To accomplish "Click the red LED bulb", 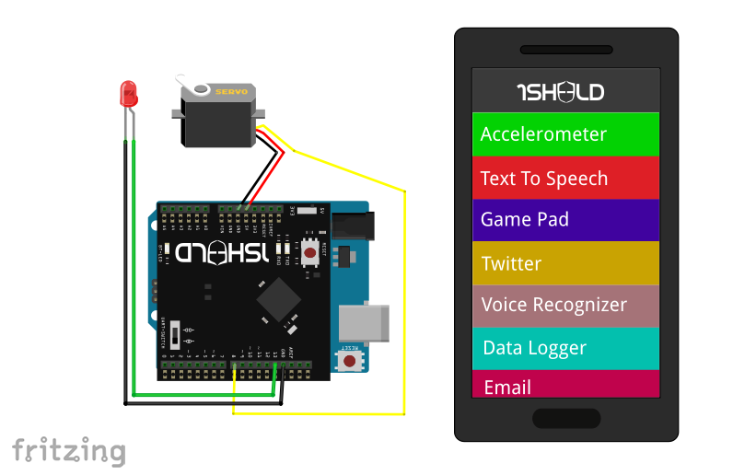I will tap(129, 92).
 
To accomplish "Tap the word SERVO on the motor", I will tap(230, 91).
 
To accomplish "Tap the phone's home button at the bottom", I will tap(565, 419).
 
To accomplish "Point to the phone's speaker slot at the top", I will tap(565, 50).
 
